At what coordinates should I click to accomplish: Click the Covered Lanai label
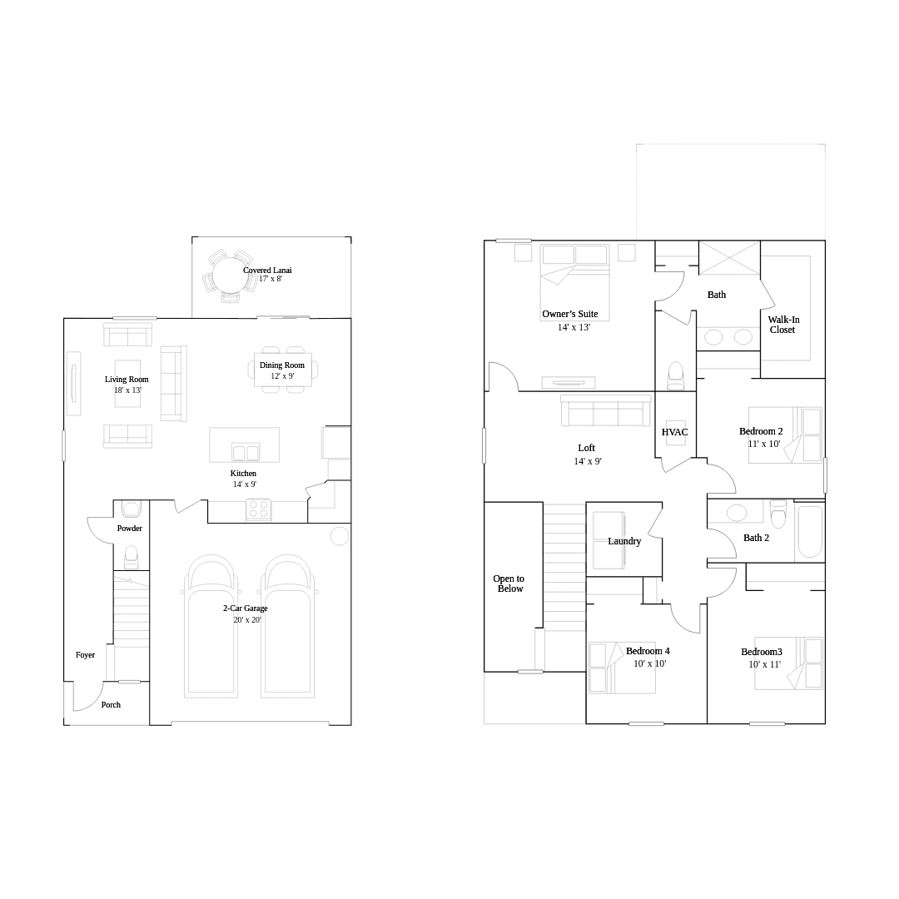267,270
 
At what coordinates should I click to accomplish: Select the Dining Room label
282,365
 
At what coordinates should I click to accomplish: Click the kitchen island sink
246,452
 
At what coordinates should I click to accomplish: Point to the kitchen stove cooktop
259,509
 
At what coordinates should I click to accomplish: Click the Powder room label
130,528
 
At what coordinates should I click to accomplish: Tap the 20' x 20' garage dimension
247,620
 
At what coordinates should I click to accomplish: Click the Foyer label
86,655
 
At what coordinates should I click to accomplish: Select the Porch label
112,705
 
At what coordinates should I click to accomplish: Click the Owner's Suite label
570,314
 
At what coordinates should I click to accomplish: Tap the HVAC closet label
675,432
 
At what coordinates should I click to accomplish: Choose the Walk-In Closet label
783,325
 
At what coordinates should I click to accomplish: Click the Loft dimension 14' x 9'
588,461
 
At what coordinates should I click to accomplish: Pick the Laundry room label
624,541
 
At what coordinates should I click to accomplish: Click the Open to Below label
509,584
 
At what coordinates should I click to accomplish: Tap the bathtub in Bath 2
810,531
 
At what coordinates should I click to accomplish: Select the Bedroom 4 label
648,651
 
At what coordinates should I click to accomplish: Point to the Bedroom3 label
762,651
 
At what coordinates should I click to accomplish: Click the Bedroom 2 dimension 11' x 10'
764,443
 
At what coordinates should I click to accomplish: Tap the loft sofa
606,410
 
